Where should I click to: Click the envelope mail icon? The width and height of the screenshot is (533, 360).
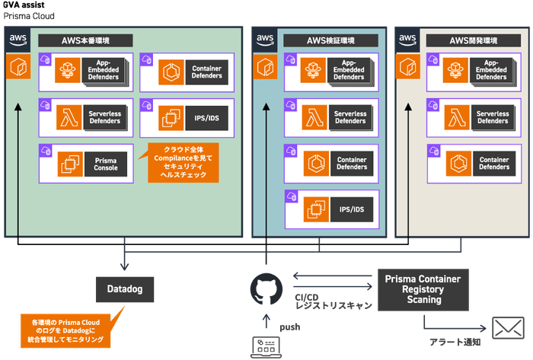[504, 329]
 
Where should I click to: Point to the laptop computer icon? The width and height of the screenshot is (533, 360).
[266, 346]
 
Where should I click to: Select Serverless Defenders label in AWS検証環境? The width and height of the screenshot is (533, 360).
[350, 116]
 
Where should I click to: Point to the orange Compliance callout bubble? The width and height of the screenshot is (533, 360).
[177, 162]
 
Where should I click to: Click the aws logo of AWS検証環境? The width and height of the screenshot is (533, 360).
[265, 40]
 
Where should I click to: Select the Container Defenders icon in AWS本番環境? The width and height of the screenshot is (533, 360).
[170, 72]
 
